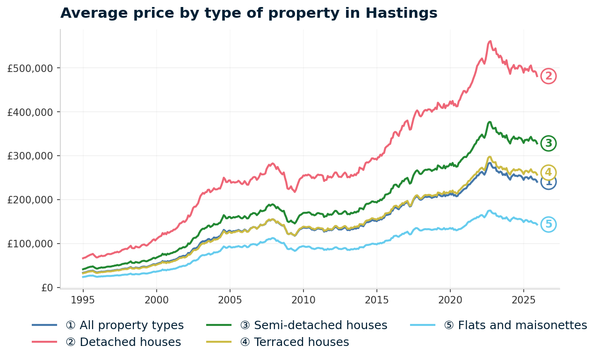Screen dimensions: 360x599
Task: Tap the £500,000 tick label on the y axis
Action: coord(30,68)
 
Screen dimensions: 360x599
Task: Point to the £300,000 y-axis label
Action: coord(30,156)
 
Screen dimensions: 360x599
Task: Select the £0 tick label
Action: coord(47,288)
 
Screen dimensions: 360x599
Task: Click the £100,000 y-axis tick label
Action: coord(30,244)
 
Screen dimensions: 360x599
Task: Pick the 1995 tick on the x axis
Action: coord(83,299)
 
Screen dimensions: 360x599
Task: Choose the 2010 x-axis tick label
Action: coord(303,299)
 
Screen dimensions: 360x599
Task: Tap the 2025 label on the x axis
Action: coord(523,299)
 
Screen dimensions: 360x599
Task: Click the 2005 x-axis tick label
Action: coord(230,299)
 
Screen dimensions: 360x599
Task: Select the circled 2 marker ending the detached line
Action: coord(548,76)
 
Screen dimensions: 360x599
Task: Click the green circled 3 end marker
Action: coord(548,144)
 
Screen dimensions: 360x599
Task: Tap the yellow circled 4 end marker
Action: coord(548,173)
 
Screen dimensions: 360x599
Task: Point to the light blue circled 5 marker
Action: coord(548,225)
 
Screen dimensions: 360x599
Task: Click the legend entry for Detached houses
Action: coord(123,342)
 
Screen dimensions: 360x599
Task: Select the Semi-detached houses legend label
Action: coord(313,325)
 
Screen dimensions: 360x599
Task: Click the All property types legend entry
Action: coord(124,325)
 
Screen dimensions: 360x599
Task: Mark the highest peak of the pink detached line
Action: coord(490,41)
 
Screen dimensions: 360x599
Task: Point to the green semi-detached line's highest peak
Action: coord(490,122)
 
